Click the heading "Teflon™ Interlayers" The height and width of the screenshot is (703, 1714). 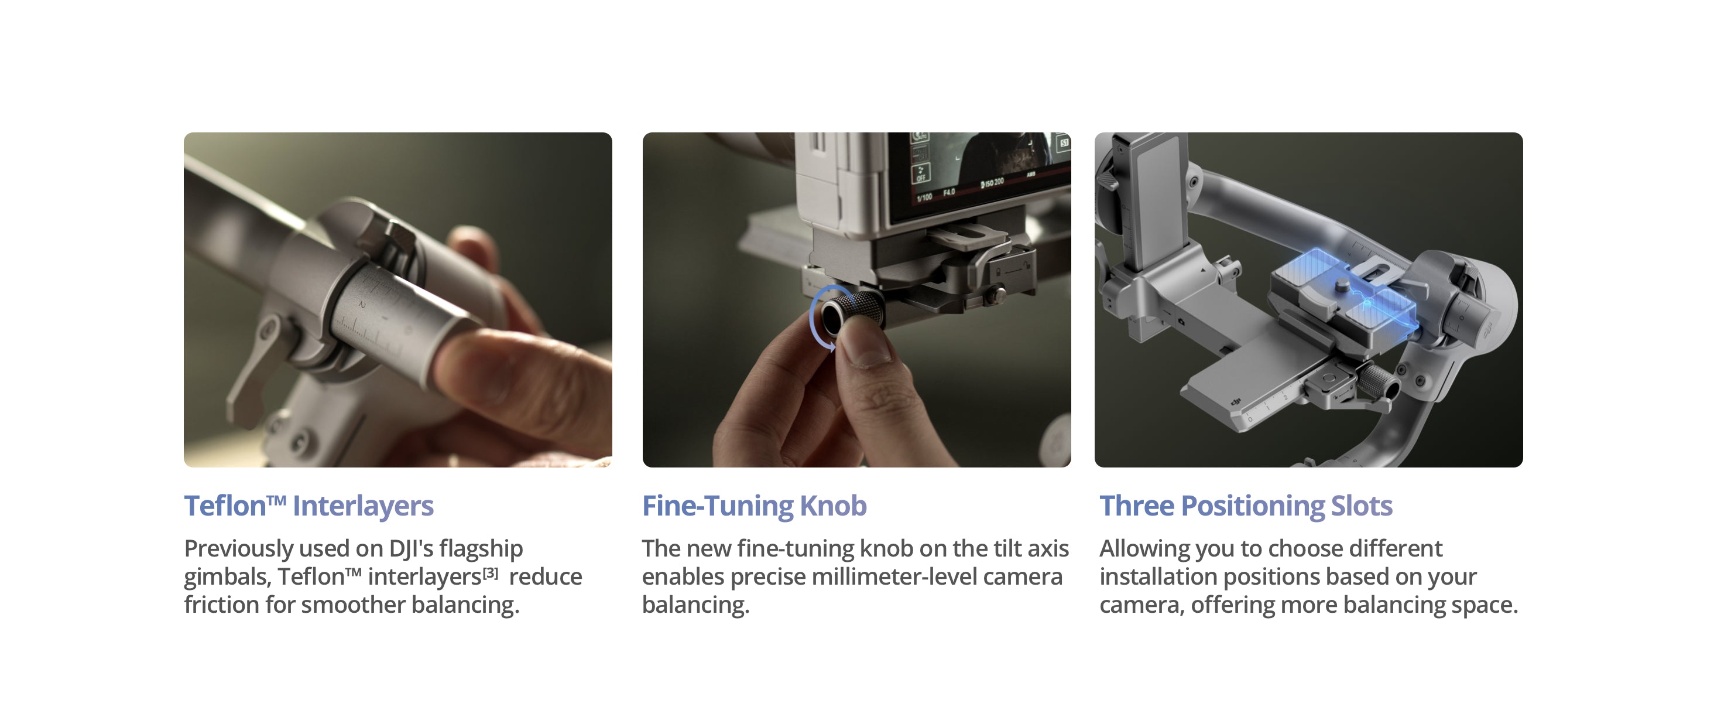[308, 507]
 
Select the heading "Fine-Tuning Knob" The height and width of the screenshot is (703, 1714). [755, 507]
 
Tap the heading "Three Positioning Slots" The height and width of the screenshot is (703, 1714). [1246, 507]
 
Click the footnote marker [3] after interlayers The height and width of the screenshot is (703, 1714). [491, 572]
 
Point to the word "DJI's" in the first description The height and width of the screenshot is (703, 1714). [411, 548]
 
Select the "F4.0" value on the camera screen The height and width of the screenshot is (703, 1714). [948, 192]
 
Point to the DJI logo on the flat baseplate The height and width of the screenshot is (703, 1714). [1236, 401]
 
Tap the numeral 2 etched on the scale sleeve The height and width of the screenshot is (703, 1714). [362, 305]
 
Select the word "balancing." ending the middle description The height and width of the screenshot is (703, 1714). [695, 605]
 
